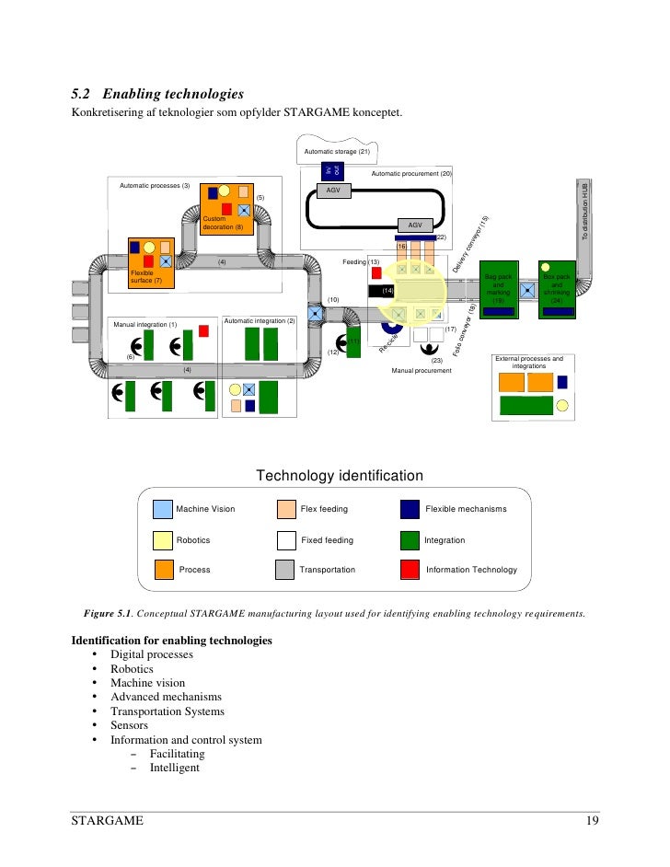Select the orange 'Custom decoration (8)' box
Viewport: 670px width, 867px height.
tap(227, 208)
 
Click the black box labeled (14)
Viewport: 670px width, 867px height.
tap(387, 291)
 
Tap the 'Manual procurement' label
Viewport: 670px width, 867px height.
tap(421, 370)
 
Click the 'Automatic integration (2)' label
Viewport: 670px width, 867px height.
tap(259, 320)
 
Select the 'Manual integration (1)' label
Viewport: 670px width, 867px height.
tap(144, 324)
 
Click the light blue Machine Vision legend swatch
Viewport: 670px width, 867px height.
tap(162, 509)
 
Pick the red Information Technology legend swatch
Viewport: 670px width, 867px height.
tap(410, 570)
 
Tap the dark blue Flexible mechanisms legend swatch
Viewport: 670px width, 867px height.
tap(410, 509)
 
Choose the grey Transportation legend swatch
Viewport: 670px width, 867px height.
tap(285, 570)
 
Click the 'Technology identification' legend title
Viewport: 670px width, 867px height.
tap(339, 476)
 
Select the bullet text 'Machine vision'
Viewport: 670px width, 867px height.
tap(147, 683)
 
